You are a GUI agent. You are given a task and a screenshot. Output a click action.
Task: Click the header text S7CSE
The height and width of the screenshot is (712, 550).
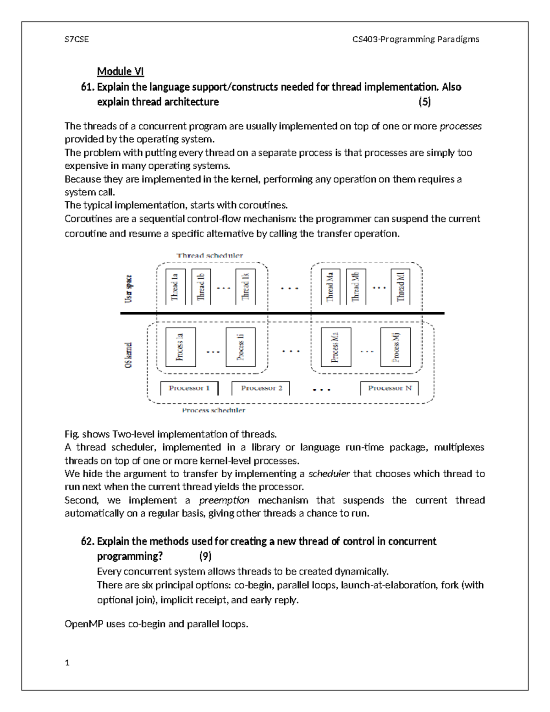pyautogui.click(x=77, y=39)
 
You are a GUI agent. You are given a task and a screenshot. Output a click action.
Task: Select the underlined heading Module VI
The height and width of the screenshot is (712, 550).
pyautogui.click(x=120, y=72)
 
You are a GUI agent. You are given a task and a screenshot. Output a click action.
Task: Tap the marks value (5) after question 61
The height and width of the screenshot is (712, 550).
pyautogui.click(x=424, y=102)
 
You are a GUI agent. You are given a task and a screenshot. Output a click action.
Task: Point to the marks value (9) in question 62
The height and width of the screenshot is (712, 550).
pyautogui.click(x=205, y=556)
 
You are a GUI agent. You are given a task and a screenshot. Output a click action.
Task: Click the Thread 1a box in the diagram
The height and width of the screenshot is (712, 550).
pyautogui.click(x=175, y=287)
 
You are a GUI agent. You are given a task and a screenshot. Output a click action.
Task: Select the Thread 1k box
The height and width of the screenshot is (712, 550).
pyautogui.click(x=245, y=287)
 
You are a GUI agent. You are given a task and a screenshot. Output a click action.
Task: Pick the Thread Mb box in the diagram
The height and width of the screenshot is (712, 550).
pyautogui.click(x=356, y=287)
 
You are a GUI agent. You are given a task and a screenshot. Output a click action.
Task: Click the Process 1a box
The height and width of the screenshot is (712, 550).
pyautogui.click(x=180, y=347)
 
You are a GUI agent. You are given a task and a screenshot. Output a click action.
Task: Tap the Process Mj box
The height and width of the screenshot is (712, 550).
pyautogui.click(x=396, y=347)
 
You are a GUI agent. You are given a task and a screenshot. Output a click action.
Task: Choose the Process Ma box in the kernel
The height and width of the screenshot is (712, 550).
pyautogui.click(x=336, y=347)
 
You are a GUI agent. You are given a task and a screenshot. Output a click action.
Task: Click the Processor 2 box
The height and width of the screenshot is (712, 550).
pyautogui.click(x=261, y=388)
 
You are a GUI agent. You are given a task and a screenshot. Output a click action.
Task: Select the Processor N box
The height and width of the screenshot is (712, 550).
pyautogui.click(x=390, y=388)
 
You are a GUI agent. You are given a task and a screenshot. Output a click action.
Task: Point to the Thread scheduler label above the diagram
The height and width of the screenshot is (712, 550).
pyautogui.click(x=209, y=255)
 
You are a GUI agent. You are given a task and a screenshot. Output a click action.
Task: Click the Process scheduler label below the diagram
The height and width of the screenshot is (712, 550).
pyautogui.click(x=213, y=410)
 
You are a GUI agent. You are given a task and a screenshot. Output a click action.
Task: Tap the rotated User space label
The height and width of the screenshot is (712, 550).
pyautogui.click(x=129, y=289)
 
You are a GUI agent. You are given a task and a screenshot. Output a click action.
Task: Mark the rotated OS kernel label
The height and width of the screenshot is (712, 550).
pyautogui.click(x=129, y=354)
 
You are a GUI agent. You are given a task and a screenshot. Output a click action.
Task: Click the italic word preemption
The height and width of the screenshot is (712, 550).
pyautogui.click(x=224, y=500)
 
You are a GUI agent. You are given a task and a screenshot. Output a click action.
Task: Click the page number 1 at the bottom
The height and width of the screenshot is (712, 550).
pyautogui.click(x=67, y=662)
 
